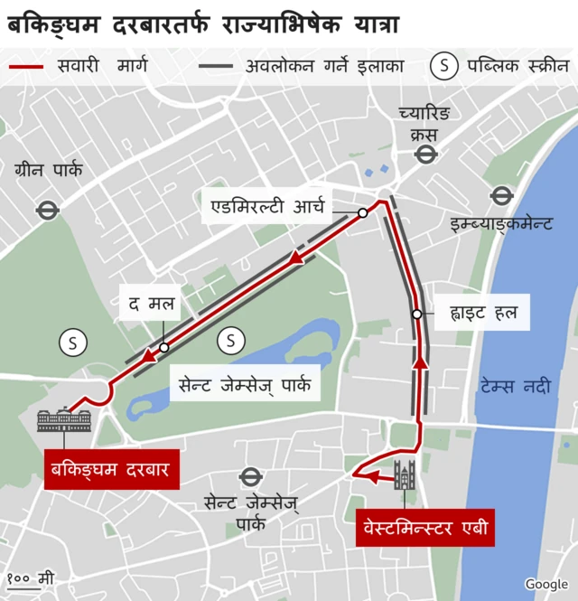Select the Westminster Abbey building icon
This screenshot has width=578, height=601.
404,474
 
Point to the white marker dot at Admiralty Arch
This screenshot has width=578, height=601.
362,213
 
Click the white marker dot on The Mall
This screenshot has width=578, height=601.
163,347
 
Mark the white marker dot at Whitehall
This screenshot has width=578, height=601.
416,315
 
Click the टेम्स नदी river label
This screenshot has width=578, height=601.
515,386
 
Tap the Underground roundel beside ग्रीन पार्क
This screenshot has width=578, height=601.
47,210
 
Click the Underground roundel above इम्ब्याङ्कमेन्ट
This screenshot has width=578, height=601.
501,195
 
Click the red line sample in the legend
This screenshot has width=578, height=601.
26,66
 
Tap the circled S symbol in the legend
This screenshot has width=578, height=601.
443,66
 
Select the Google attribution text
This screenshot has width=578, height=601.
545,585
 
